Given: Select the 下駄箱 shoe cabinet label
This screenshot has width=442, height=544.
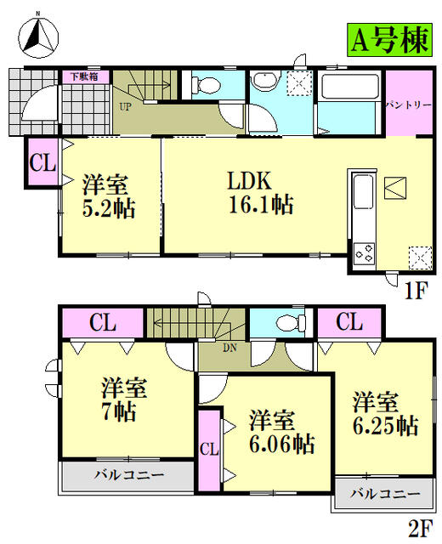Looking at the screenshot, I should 82,76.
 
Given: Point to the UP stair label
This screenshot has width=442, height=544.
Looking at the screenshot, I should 125,107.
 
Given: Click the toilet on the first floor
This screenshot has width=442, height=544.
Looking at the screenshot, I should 201,84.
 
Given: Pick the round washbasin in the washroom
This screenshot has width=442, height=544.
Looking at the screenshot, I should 263,83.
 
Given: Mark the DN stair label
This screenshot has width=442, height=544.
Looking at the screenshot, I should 229,348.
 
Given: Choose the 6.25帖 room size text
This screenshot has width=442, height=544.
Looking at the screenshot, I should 385,426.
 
